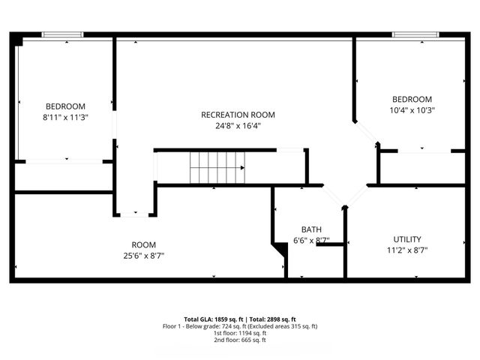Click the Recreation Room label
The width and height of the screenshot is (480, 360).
click(x=238, y=115)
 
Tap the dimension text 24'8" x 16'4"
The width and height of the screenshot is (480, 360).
click(x=238, y=126)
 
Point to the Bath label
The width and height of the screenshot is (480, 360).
click(x=311, y=229)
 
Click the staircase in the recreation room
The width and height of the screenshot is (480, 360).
click(x=217, y=166)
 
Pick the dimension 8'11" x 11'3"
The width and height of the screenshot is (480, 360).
click(x=65, y=117)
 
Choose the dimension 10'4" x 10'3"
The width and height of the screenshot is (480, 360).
click(x=412, y=110)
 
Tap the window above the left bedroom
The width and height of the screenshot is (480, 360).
click(x=62, y=34)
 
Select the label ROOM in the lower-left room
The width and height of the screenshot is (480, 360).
click(x=143, y=244)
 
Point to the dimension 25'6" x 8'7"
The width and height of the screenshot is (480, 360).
click(x=143, y=256)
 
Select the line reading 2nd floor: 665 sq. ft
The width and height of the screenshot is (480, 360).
click(x=239, y=340)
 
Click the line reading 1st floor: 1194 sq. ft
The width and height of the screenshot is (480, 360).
click(x=239, y=333)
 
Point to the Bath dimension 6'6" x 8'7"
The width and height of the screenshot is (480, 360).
click(x=311, y=241)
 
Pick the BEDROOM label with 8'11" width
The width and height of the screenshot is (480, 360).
click(x=65, y=106)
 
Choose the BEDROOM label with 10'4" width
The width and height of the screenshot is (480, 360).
click(x=412, y=100)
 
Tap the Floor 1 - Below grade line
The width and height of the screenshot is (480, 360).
click(x=239, y=326)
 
